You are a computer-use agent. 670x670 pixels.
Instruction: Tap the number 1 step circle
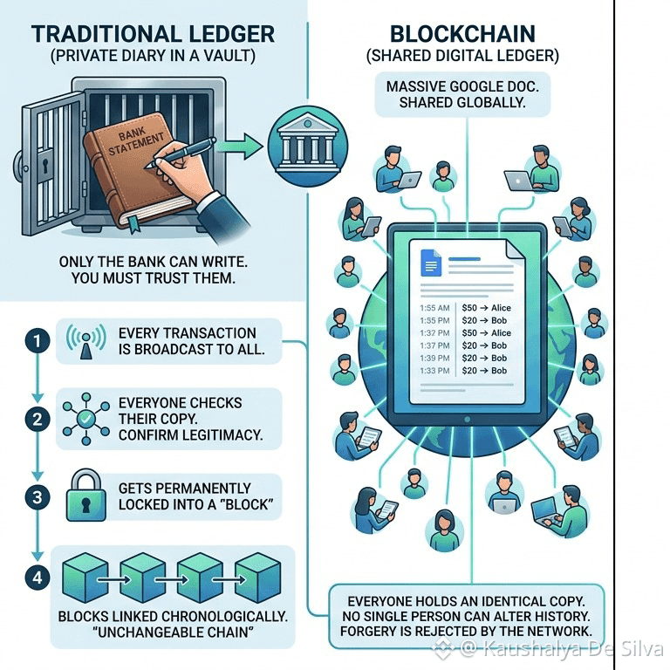pyautogui.click(x=38, y=340)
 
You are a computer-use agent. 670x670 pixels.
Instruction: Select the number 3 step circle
pyautogui.click(x=38, y=497)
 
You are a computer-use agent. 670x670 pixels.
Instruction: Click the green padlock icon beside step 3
pyautogui.click(x=86, y=495)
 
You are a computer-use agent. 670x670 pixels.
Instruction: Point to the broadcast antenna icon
pyautogui.click(x=86, y=341)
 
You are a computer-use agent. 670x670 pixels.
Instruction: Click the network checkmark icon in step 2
pyautogui.click(x=85, y=419)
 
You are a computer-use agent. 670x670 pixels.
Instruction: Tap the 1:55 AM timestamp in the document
pyautogui.click(x=434, y=308)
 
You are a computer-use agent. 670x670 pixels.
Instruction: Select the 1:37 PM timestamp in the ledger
pyautogui.click(x=434, y=345)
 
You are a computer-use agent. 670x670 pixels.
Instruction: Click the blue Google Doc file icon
pyautogui.click(x=431, y=263)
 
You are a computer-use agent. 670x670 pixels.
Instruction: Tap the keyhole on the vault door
pyautogui.click(x=44, y=165)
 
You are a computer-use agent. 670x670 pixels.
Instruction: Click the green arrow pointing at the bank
pyautogui.click(x=239, y=146)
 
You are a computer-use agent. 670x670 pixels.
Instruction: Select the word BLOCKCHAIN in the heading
pyautogui.click(x=462, y=34)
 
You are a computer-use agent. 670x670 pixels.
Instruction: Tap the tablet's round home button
pyautogui.click(x=467, y=420)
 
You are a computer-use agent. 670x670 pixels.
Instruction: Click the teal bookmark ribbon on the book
pyautogui.click(x=134, y=223)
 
